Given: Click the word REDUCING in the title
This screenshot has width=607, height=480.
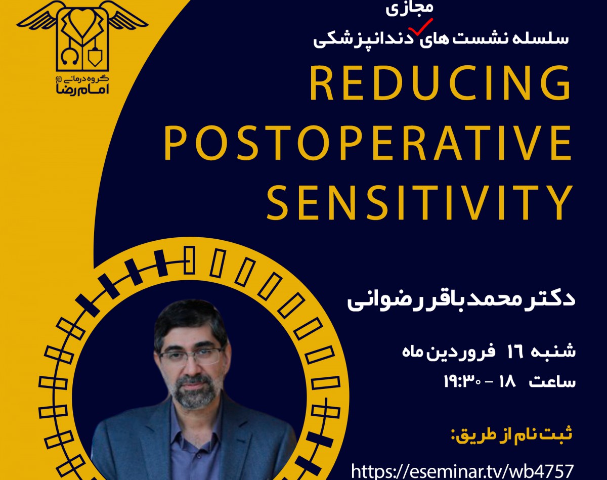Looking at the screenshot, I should pos(440,83).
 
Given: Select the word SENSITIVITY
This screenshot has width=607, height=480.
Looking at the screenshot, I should pos(420,203).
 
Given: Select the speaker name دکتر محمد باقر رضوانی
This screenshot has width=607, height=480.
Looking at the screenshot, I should pos(460,299).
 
